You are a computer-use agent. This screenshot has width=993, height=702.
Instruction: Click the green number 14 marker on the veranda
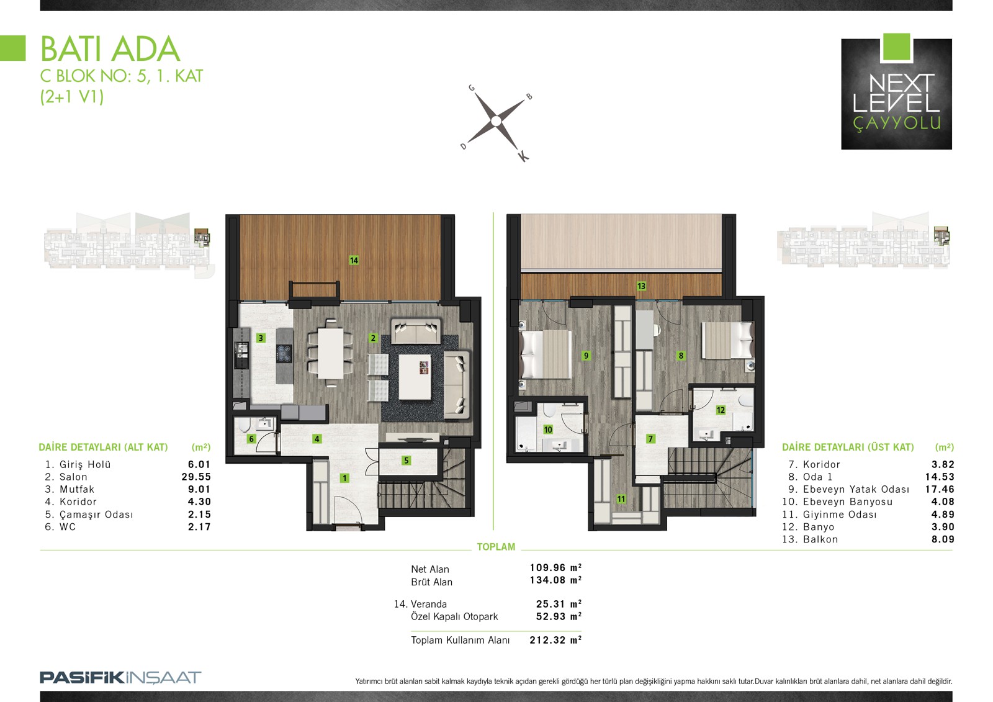pyautogui.click(x=354, y=260)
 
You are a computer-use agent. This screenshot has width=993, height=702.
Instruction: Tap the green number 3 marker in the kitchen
pyautogui.click(x=261, y=338)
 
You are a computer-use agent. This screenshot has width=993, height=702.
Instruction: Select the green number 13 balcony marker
pyautogui.click(x=641, y=286)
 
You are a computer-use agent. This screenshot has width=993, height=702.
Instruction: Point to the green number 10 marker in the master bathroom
pyautogui.click(x=548, y=430)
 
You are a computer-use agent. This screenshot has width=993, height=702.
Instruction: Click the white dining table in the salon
pyautogui.click(x=331, y=353)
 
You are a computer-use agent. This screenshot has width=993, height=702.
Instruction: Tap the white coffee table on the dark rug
pyautogui.click(x=415, y=377)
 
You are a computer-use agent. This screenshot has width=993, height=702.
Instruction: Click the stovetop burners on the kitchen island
pyautogui.click(x=284, y=353)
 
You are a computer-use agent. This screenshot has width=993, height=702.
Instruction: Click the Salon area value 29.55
pyautogui.click(x=196, y=477)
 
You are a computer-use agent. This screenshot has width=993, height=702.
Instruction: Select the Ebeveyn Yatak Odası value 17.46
pyautogui.click(x=940, y=489)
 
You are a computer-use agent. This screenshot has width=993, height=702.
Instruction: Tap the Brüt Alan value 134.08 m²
pyautogui.click(x=555, y=580)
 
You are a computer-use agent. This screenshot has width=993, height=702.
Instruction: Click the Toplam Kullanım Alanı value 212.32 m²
pyautogui.click(x=555, y=640)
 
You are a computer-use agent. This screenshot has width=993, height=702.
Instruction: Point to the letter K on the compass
pyautogui.click(x=523, y=156)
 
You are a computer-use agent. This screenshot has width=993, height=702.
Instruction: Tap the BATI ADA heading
pyautogui.click(x=110, y=49)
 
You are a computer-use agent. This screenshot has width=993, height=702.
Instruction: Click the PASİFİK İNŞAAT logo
pyautogui.click(x=120, y=677)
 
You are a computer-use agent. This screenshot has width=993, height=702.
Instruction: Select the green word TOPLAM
pyautogui.click(x=496, y=547)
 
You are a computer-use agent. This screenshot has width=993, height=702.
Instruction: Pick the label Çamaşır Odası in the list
pyautogui.click(x=96, y=515)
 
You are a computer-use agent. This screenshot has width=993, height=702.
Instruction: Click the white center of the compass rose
pyautogui.click(x=496, y=120)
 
